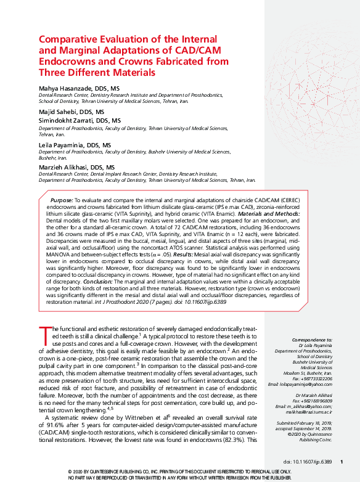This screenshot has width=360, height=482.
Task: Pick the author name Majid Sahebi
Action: tap(58, 112)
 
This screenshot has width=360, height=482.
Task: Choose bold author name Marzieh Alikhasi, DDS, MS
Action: tap(76, 167)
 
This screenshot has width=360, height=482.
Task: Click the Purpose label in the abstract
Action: tap(61, 201)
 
